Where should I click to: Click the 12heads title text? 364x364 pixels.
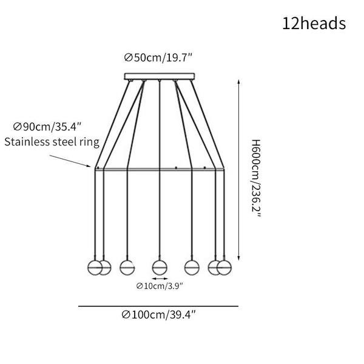click(x=314, y=24)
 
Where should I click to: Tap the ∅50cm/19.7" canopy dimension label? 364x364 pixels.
click(x=158, y=58)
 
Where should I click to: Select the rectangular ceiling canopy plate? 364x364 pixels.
click(x=160, y=76)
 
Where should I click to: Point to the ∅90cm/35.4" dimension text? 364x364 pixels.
click(x=47, y=127)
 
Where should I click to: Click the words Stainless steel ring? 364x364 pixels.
click(x=52, y=142)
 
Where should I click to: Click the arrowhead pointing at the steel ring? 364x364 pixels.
click(x=89, y=166)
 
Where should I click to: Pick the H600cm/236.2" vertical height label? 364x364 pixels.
click(x=256, y=178)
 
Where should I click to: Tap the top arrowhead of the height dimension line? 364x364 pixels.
click(x=238, y=82)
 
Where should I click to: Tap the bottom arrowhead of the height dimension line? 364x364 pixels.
click(x=238, y=258)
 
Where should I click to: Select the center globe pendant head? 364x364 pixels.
click(x=160, y=268)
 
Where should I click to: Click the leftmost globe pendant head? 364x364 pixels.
click(x=95, y=268)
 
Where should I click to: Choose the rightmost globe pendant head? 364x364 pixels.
click(x=224, y=268)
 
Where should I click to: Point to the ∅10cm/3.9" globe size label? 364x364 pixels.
click(x=160, y=286)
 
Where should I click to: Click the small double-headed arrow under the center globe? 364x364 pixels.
click(x=160, y=278)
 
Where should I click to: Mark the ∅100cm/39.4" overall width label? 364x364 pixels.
click(x=159, y=315)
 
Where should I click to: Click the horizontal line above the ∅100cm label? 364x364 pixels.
click(x=158, y=306)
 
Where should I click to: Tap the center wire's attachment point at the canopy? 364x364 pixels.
click(x=159, y=81)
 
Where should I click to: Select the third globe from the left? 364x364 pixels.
click(x=127, y=268)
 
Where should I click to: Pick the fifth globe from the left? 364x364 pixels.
click(x=192, y=268)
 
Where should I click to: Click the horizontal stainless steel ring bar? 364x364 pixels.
click(x=160, y=169)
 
